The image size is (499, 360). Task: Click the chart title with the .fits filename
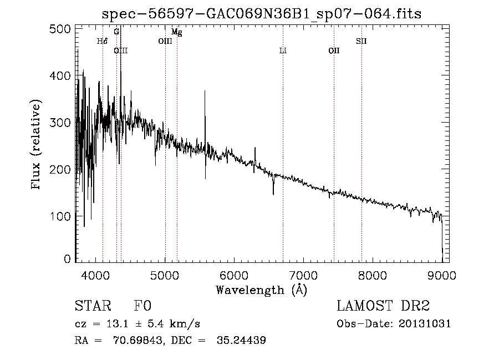click(261, 14)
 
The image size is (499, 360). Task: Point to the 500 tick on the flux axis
click(62, 29)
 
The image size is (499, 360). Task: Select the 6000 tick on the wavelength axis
click(233, 273)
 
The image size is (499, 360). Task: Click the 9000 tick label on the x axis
click(441, 273)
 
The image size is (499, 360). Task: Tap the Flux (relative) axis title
click(37, 145)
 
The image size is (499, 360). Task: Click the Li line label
click(283, 50)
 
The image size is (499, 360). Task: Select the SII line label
click(361, 41)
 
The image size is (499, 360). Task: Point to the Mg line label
click(176, 32)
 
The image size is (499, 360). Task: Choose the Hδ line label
click(102, 41)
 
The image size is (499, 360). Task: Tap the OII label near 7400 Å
click(334, 50)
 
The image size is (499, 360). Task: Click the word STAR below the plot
click(92, 306)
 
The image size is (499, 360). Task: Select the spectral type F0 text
click(142, 306)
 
